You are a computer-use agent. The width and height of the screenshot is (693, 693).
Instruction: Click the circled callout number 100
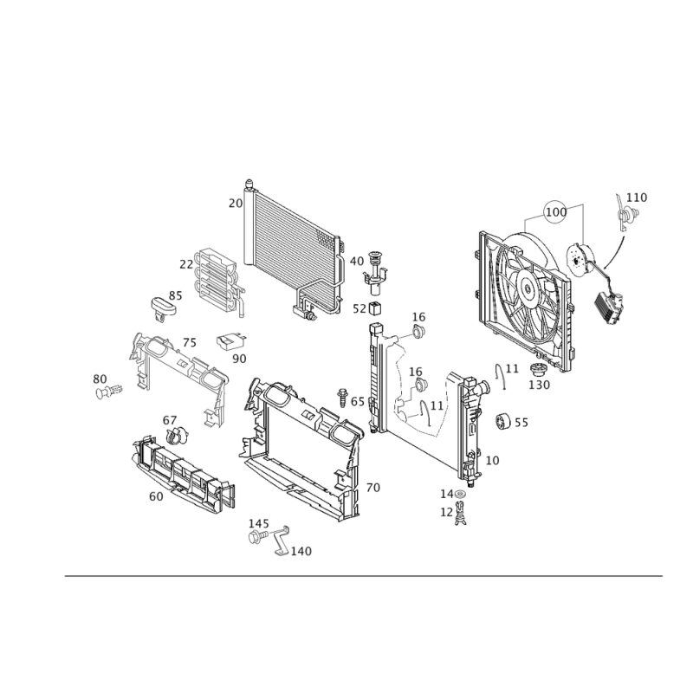[556, 212]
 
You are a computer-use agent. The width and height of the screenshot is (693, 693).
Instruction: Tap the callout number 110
[637, 198]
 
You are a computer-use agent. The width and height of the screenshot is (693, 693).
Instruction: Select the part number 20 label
[236, 203]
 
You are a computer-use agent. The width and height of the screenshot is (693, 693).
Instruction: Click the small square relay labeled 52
[375, 308]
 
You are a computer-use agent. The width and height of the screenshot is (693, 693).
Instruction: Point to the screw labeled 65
[342, 398]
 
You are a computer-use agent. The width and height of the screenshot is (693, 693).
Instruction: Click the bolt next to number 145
[257, 537]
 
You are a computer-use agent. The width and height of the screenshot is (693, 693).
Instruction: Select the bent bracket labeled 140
[280, 541]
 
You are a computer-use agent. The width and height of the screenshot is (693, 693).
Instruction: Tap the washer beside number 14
[460, 494]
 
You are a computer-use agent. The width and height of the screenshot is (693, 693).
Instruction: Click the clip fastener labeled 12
[461, 514]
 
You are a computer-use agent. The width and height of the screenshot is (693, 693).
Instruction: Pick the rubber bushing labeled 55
[502, 421]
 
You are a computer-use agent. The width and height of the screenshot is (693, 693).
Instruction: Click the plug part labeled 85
[164, 308]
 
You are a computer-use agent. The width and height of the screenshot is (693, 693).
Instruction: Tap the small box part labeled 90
[231, 341]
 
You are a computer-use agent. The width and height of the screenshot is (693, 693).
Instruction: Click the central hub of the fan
[527, 289]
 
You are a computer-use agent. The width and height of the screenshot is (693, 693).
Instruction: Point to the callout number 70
[373, 488]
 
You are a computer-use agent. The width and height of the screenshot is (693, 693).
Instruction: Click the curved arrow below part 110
[617, 255]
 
